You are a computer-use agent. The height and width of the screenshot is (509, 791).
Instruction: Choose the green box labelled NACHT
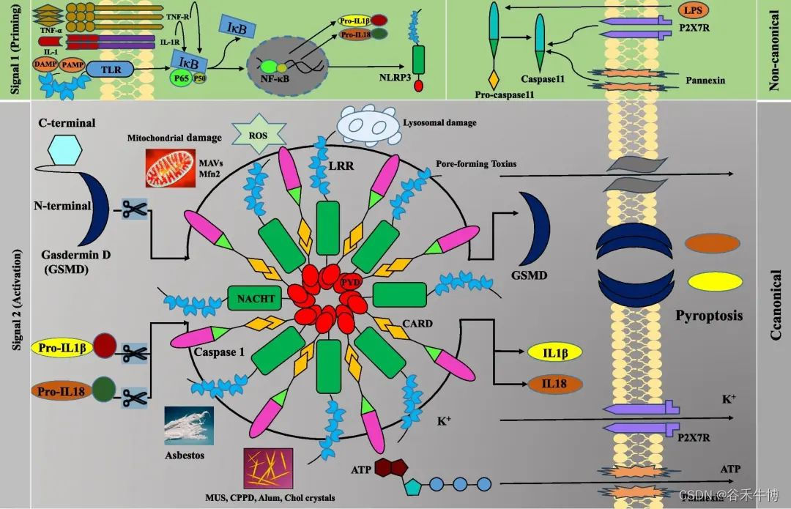[256, 298]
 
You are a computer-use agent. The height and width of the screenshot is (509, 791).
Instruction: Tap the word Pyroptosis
[708, 316]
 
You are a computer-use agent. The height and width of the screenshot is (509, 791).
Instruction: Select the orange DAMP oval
[44, 64]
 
